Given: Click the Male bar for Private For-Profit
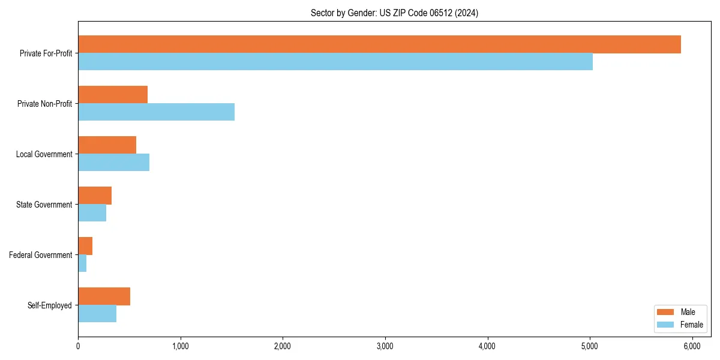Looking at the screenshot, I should (x=379, y=44).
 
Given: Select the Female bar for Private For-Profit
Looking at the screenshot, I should (x=335, y=62).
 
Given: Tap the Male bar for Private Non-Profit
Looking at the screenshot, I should (x=113, y=95).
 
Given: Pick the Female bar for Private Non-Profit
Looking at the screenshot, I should (x=156, y=112).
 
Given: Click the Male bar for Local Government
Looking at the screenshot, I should (x=107, y=145).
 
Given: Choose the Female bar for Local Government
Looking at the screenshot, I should (x=113, y=163).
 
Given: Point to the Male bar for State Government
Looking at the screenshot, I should (x=95, y=196).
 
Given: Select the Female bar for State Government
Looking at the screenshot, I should (x=92, y=213).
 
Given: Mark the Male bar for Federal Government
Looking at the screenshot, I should (x=85, y=246).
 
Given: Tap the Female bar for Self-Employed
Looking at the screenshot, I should (x=97, y=314).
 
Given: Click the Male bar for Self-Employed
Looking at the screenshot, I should (x=104, y=296).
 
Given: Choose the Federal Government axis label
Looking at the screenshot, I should (x=41, y=255).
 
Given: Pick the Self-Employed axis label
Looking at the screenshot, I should (x=50, y=305).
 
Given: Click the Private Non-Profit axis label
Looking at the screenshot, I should (x=44, y=104).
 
